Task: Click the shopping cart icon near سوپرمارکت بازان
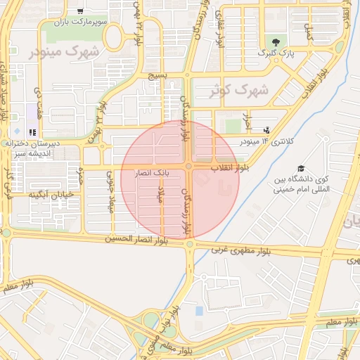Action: click(x=80, y=11)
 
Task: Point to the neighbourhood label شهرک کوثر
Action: click(x=240, y=91)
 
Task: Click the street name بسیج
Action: click(x=157, y=75)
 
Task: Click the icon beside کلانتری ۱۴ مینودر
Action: click(x=266, y=130)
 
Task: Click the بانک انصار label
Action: click(x=152, y=172)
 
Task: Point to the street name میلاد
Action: click(x=160, y=196)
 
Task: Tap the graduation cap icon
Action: click(x=301, y=169)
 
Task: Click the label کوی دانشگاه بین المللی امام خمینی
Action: click(x=301, y=184)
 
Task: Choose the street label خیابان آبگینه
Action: click(x=52, y=194)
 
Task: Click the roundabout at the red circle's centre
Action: click(x=189, y=167)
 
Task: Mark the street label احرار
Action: click(x=246, y=121)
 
